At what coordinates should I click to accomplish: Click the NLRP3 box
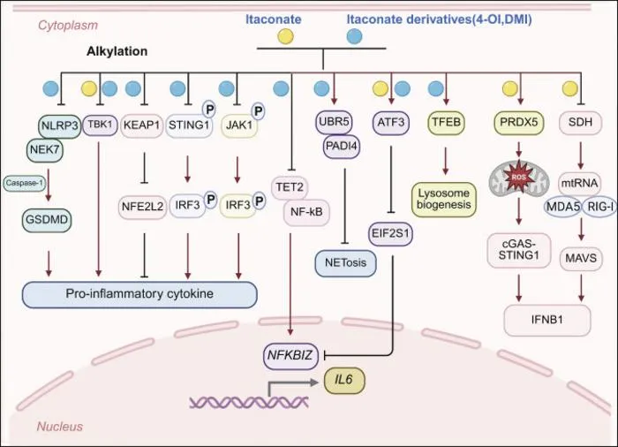pyautogui.click(x=60, y=125)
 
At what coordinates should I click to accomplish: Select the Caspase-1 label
pyautogui.click(x=25, y=183)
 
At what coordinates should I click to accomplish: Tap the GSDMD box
pyautogui.click(x=47, y=219)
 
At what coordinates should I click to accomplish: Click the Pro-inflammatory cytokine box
pyautogui.click(x=139, y=294)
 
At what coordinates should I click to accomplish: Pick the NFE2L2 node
pyautogui.click(x=142, y=206)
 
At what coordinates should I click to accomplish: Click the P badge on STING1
pyautogui.click(x=209, y=110)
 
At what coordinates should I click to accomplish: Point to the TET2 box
pyautogui.click(x=290, y=187)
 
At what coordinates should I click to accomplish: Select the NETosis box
pyautogui.click(x=346, y=262)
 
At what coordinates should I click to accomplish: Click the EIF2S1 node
pyautogui.click(x=390, y=233)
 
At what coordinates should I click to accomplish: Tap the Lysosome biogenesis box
pyautogui.click(x=444, y=200)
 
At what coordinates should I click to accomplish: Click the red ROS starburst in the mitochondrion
pyautogui.click(x=519, y=177)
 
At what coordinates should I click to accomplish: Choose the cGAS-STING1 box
pyautogui.click(x=519, y=250)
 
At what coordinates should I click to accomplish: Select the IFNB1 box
pyautogui.click(x=547, y=320)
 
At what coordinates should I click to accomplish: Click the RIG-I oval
pyautogui.click(x=599, y=207)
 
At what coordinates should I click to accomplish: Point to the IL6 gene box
pyautogui.click(x=344, y=381)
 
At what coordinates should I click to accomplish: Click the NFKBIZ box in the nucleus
pyautogui.click(x=290, y=356)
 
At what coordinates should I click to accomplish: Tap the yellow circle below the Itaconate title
pyautogui.click(x=285, y=36)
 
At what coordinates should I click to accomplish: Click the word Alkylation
pyautogui.click(x=117, y=51)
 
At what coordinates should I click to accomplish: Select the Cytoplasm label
pyautogui.click(x=68, y=26)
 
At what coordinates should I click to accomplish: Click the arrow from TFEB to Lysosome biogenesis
pyautogui.click(x=445, y=162)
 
